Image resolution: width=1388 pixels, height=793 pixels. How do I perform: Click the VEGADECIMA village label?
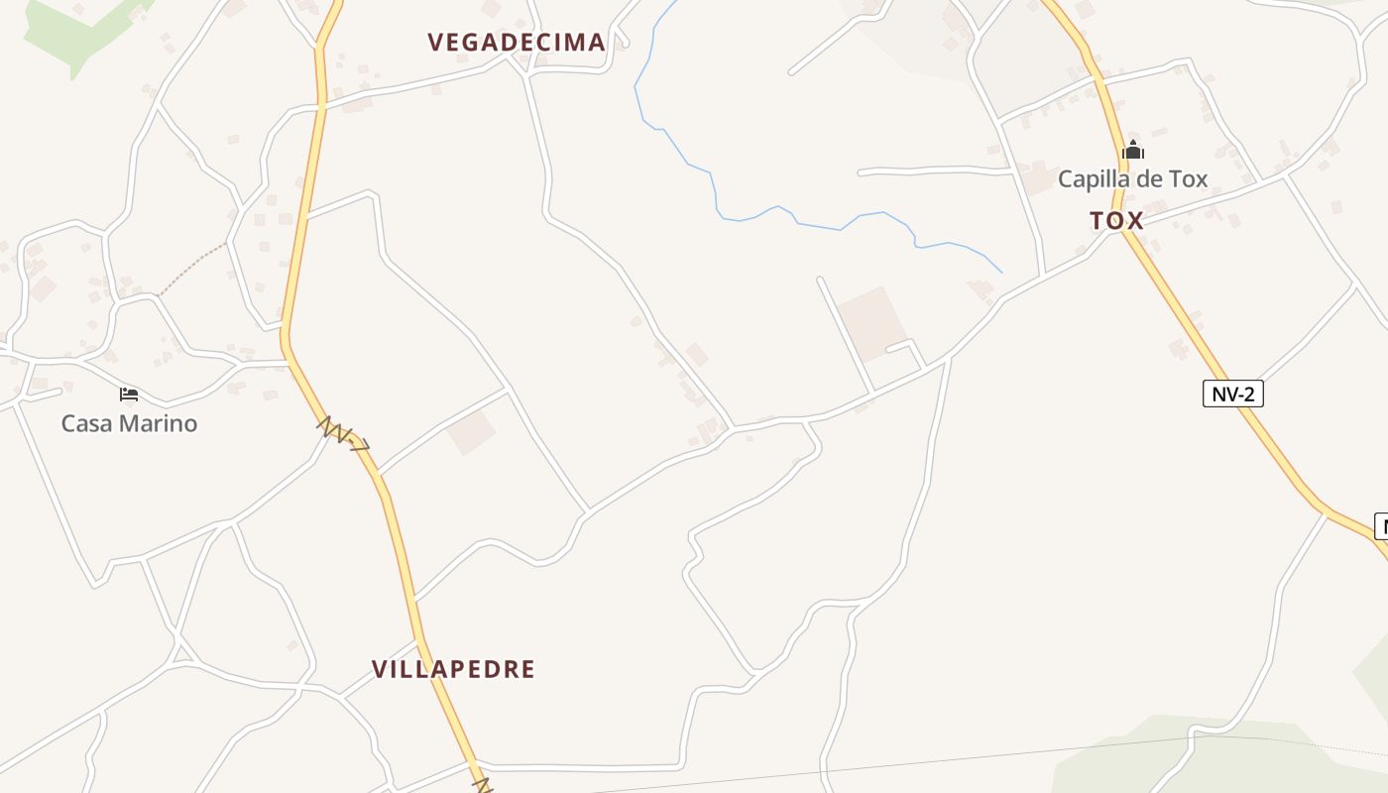516,42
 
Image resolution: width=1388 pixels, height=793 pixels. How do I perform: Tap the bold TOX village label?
1116,221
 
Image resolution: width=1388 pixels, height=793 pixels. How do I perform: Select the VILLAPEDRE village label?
453,669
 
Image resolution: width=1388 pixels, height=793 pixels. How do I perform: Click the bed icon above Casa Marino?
129,395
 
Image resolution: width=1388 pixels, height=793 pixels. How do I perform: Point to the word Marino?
161,423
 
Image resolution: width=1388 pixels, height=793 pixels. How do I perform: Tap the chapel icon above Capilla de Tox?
1132,152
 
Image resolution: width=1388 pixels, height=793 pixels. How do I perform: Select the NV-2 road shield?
1233,394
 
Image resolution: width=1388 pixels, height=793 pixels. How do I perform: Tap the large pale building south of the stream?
870,323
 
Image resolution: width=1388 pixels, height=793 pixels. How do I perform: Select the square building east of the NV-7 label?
471,432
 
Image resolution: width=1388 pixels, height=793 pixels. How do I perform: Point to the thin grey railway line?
892,764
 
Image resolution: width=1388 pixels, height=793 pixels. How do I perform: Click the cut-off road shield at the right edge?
1381,526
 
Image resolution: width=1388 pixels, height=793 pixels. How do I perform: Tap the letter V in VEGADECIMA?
435,42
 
